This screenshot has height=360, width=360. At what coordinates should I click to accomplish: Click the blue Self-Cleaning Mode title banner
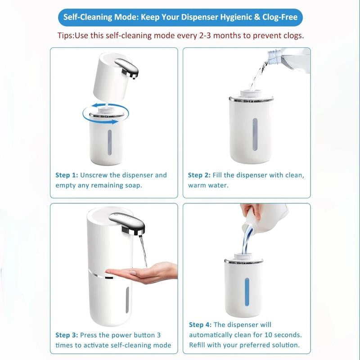[180, 17]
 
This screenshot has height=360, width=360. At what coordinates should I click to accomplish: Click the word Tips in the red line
[65, 36]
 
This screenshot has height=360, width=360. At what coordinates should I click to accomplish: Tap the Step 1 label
[67, 175]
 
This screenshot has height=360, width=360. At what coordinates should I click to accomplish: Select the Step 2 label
[199, 175]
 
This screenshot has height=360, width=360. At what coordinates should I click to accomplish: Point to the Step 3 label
[67, 335]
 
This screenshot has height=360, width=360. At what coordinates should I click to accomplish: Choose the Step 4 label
[200, 325]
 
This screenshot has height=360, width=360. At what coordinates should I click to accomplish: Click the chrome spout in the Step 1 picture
[127, 68]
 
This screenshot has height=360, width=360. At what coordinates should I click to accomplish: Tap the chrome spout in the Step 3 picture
[128, 223]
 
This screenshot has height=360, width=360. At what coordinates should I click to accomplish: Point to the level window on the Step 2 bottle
[255, 134]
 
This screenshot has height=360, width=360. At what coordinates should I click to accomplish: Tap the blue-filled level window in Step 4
[247, 292]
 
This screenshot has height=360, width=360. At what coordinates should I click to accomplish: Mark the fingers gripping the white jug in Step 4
[252, 210]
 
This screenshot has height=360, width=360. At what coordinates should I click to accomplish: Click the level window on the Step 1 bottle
[110, 142]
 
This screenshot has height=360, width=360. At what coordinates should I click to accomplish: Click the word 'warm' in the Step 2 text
[197, 185]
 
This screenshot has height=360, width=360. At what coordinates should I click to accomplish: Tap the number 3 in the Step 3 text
[159, 335]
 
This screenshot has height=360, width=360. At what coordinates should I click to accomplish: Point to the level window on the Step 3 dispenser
[127, 300]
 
